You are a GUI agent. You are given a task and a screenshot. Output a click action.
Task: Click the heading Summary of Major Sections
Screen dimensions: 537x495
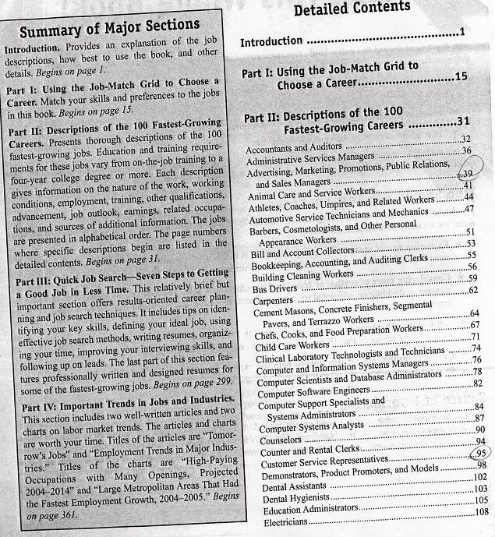[x=109, y=32]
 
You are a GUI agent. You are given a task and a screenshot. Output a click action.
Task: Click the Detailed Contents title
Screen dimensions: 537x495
[x=351, y=7]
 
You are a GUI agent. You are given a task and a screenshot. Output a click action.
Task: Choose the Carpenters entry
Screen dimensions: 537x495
[x=273, y=301]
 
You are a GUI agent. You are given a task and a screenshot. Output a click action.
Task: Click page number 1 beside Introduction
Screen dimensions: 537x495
[x=462, y=34]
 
